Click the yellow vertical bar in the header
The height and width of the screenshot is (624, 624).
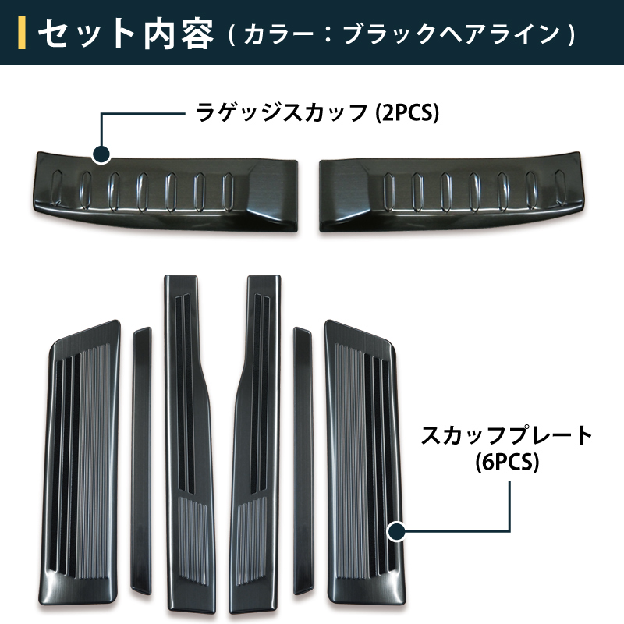[22, 33]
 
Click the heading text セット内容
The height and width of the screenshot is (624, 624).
[126, 34]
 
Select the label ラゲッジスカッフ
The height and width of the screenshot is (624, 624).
[282, 112]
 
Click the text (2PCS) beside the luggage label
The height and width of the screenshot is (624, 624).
[407, 112]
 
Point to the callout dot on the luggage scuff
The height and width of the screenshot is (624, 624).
[101, 154]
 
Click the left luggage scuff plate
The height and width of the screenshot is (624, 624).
[165, 191]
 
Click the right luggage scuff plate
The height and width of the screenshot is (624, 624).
[452, 191]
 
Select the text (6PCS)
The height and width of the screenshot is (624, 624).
[508, 462]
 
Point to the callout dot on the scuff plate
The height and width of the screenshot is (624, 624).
[396, 531]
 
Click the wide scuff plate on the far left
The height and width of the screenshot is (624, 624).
[80, 462]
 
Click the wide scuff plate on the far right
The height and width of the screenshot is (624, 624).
[365, 462]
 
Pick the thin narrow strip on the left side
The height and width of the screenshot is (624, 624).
[142, 461]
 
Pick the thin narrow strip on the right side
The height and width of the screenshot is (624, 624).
[303, 461]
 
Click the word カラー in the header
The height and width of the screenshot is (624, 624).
[278, 34]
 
